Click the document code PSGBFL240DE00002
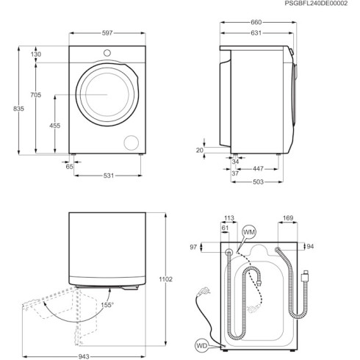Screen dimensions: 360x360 [317, 4]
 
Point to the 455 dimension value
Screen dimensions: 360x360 [55, 126]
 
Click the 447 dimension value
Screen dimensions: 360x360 [257, 168]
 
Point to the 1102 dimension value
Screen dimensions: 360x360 [166, 279]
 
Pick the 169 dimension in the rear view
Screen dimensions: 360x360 [289, 217]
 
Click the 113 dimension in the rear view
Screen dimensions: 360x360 [228, 217]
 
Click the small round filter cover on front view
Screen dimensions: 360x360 [133, 142]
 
